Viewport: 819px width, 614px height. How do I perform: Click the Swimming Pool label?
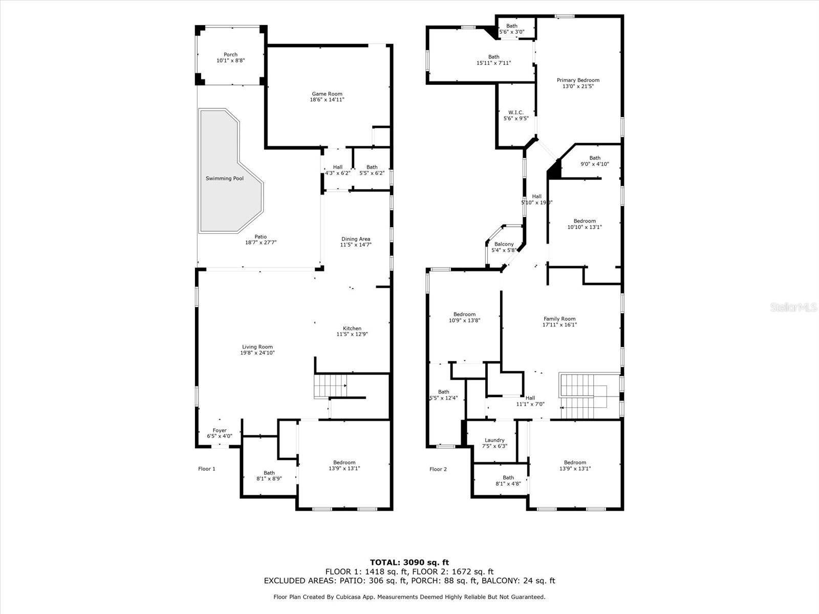click(224, 179)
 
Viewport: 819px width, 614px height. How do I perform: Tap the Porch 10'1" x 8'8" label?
click(230, 57)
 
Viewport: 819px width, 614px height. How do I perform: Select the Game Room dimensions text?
click(327, 100)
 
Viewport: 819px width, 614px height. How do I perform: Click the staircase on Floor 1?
click(330, 386)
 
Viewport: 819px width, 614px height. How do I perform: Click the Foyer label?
click(220, 431)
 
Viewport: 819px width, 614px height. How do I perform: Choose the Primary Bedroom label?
click(578, 80)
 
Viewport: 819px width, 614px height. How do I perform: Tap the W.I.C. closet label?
click(515, 113)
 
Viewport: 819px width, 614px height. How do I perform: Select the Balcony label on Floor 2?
click(504, 245)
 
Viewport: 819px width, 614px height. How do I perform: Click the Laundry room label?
click(494, 440)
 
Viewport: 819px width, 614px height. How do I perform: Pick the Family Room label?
click(559, 319)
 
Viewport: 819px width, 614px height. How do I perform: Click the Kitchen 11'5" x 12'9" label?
click(352, 332)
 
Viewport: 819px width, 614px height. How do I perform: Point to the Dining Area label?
click(356, 239)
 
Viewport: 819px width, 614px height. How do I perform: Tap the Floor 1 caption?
click(207, 469)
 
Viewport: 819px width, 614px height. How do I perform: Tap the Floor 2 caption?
click(438, 469)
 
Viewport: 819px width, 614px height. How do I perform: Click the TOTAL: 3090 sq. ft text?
click(409, 563)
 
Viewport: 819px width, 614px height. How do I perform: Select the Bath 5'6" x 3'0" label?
click(511, 29)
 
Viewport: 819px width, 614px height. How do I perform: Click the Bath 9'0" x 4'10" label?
click(594, 161)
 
